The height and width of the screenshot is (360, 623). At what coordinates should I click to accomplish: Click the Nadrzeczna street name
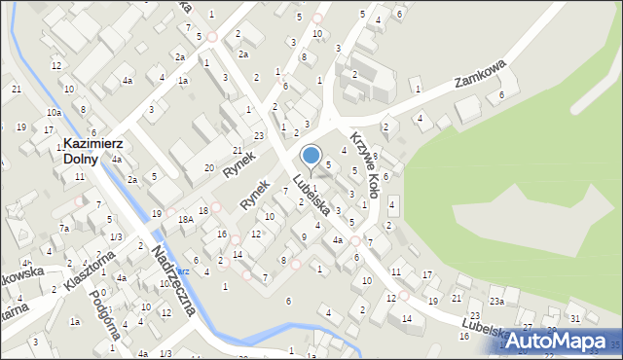pyautogui.click(x=174, y=281)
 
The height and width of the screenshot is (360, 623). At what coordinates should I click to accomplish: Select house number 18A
pyautogui.click(x=185, y=220)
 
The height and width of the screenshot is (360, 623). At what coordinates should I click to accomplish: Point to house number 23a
pyautogui.click(x=496, y=302)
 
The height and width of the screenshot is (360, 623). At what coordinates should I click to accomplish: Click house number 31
pyautogui.click(x=575, y=318)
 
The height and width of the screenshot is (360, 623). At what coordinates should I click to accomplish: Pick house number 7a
pyautogui.click(x=63, y=228)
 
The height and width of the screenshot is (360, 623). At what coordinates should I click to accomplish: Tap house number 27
pyautogui.click(x=527, y=327)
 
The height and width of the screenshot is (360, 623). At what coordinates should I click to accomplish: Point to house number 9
pyautogui.click(x=304, y=236)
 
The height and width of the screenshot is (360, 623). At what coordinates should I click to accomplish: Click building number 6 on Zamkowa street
pyautogui.click(x=501, y=94)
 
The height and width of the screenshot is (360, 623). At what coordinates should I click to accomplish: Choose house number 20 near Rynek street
pyautogui.click(x=208, y=167)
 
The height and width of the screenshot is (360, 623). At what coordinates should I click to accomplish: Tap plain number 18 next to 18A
pyautogui.click(x=202, y=210)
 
